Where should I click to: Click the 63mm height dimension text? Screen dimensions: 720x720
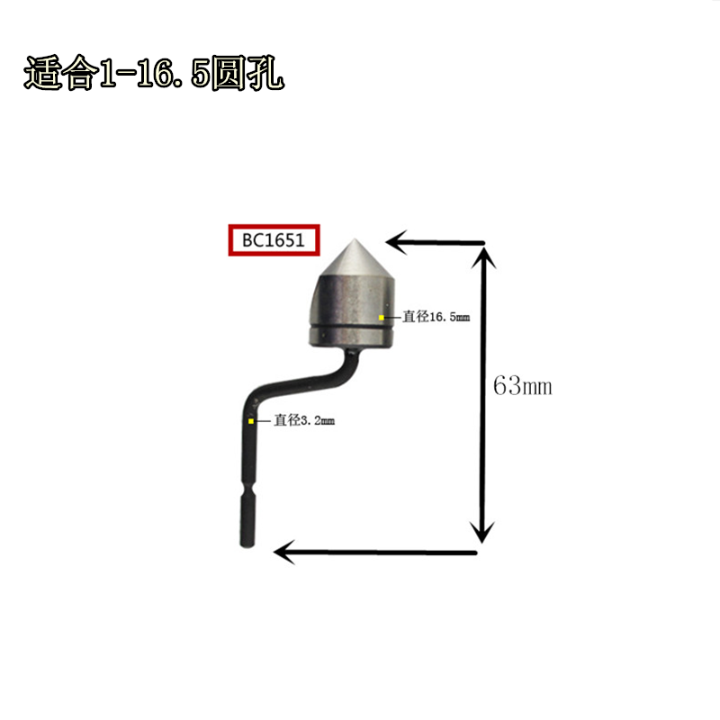tap(522, 386)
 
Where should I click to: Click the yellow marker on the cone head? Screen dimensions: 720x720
tap(382, 318)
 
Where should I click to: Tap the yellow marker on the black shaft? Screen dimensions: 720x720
tap(251, 420)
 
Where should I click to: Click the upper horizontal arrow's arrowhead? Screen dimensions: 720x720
tap(396, 241)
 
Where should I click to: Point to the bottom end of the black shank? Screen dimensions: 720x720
tap(249, 544)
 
